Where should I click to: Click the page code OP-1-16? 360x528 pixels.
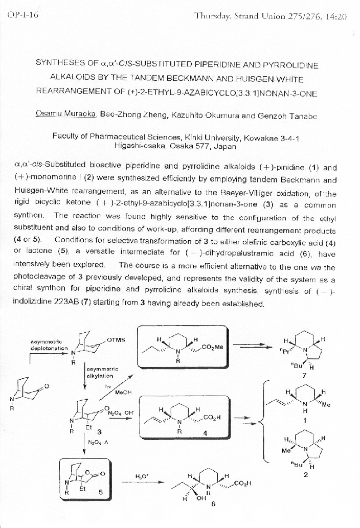[23, 15]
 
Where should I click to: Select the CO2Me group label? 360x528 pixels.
[213, 348]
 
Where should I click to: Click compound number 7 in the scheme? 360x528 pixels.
[305, 374]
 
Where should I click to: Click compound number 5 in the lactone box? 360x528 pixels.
[100, 492]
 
